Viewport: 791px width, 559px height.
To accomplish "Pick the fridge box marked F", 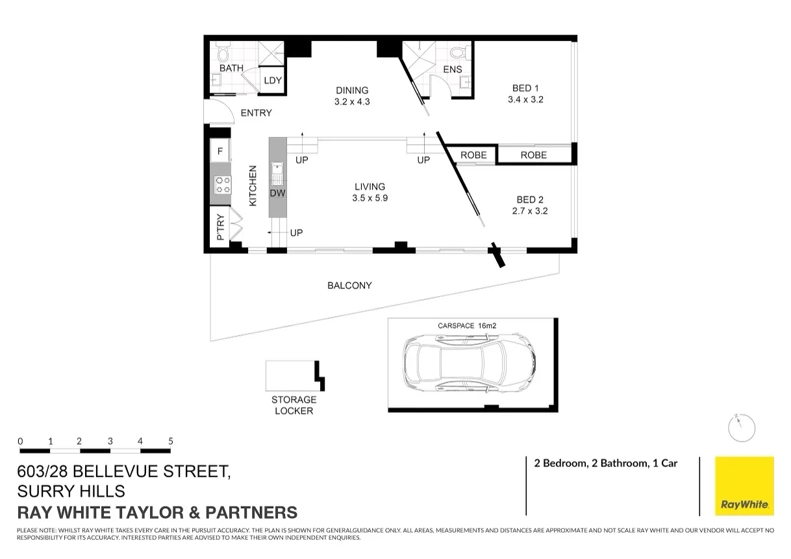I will click(220, 152).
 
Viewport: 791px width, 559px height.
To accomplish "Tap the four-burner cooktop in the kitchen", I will click(221, 184).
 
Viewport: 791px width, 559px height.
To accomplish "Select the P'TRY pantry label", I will click(220, 227).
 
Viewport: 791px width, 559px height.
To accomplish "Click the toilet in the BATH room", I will click(223, 52).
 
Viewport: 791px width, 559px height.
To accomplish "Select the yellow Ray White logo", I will click(744, 486).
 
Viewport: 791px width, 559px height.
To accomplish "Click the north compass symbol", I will click(741, 427).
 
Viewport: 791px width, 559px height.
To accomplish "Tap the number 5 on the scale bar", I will click(171, 441).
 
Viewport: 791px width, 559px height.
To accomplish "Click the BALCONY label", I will click(349, 285).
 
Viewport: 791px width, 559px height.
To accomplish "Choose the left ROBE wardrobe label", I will click(473, 155).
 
